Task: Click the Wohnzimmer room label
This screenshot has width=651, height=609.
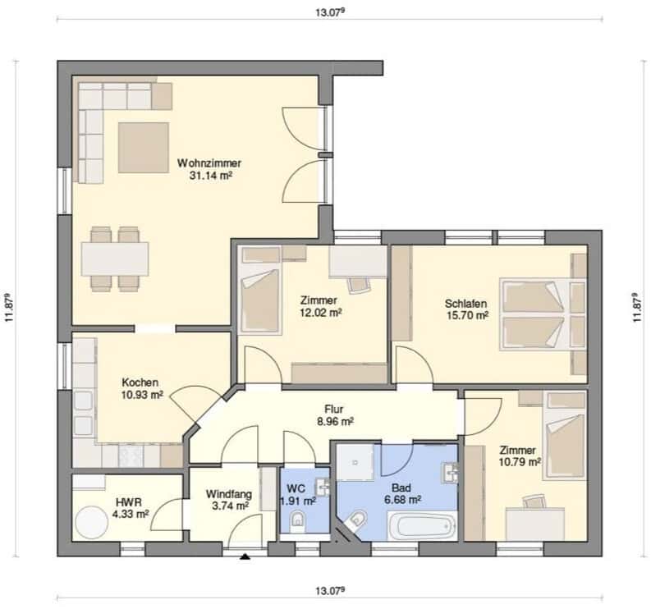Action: (209, 163)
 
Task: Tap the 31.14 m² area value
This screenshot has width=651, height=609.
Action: (210, 176)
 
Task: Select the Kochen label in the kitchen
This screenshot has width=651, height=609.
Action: (140, 382)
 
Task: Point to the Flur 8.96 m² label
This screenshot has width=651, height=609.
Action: (336, 415)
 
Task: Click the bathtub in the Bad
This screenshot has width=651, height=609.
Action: (423, 525)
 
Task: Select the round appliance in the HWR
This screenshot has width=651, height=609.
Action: (91, 522)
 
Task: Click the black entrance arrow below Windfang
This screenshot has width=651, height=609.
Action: (245, 556)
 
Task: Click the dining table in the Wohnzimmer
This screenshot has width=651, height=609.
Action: (115, 259)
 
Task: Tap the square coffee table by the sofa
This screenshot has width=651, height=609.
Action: (143, 148)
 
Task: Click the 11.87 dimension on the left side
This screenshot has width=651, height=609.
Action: (10, 308)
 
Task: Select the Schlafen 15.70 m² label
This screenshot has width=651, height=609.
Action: (466, 309)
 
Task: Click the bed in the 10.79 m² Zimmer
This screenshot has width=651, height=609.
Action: (565, 436)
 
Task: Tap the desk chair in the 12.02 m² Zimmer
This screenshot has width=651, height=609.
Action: (359, 286)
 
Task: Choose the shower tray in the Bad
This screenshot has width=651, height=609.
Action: (355, 462)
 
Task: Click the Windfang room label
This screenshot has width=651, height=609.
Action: (229, 494)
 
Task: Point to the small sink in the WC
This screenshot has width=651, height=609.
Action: (322, 488)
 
